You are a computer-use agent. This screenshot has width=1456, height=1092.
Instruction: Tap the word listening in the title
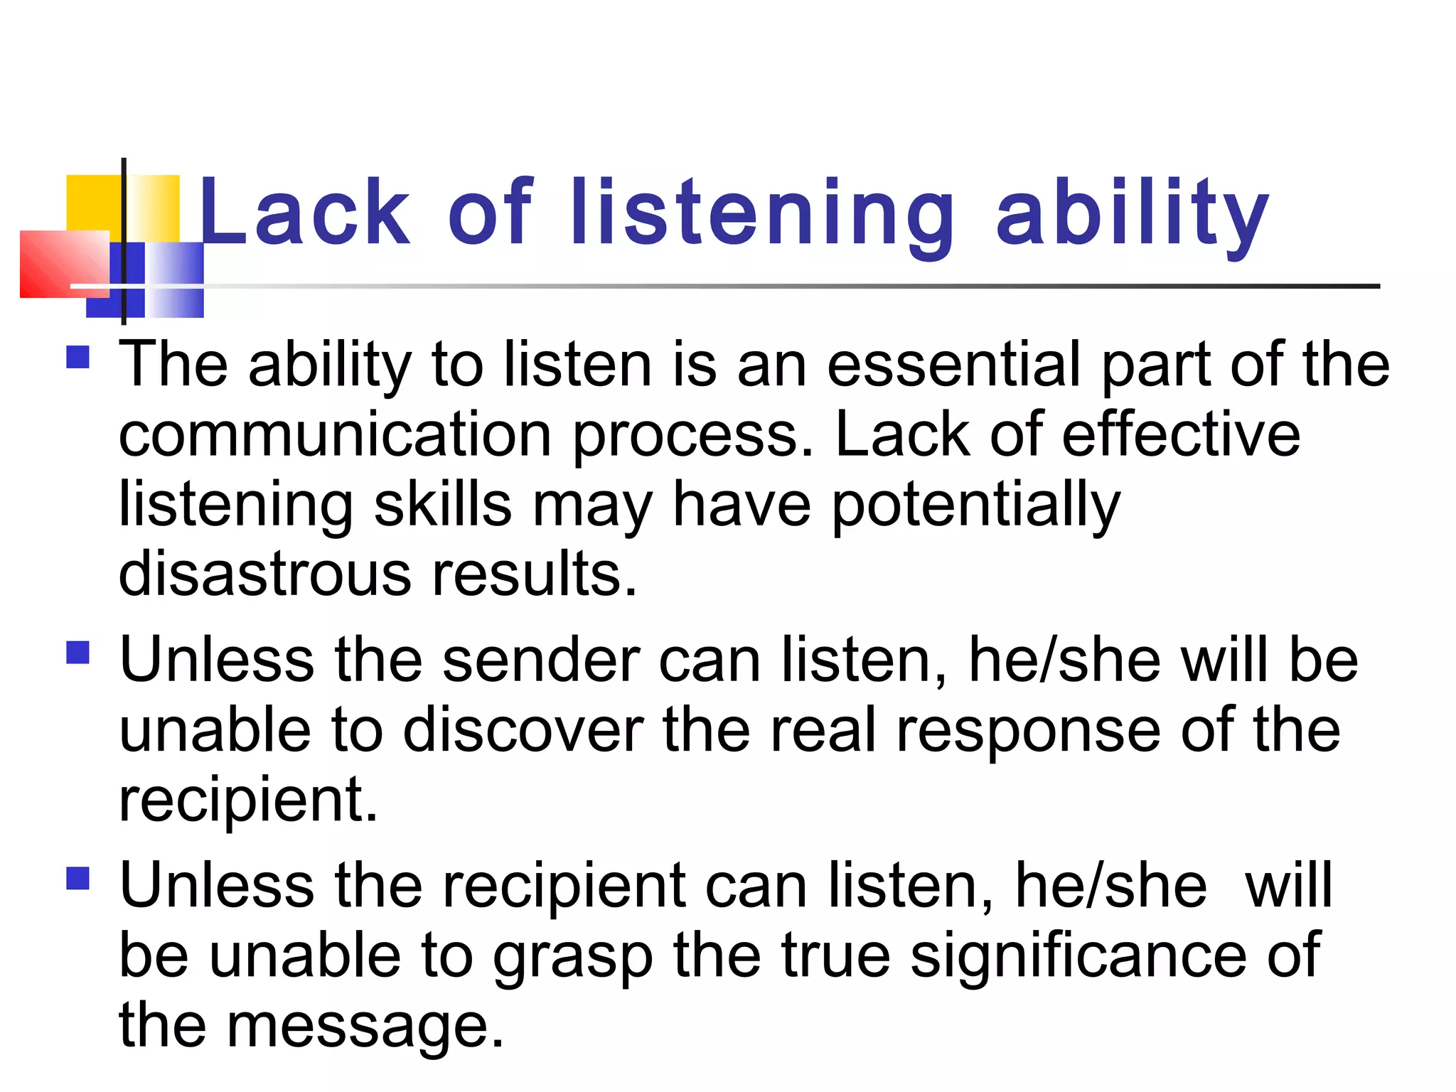click(762, 213)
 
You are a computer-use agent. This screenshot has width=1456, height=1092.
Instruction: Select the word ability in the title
click(1132, 213)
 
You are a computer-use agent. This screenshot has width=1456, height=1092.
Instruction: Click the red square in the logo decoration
click(64, 264)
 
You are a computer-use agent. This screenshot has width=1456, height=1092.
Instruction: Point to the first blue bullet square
click(77, 357)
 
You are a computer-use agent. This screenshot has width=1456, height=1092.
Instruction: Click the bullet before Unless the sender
click(77, 652)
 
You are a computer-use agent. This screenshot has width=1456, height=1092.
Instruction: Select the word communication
click(335, 434)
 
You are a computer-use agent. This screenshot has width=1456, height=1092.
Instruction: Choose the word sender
click(541, 660)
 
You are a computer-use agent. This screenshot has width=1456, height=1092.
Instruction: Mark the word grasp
click(573, 957)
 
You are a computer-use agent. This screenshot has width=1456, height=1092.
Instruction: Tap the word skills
click(442, 505)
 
